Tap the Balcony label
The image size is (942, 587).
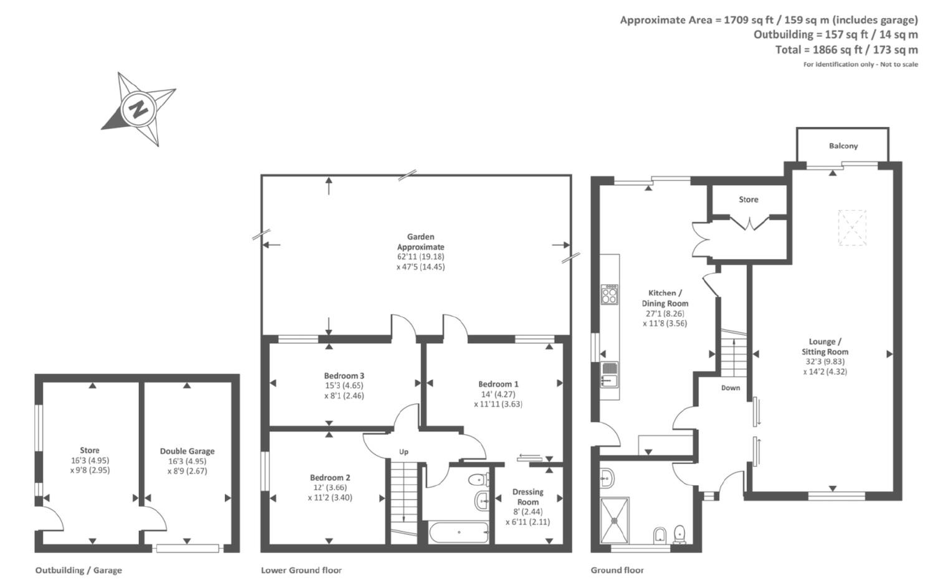pos(843,146)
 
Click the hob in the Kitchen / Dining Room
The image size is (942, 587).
pos(609,294)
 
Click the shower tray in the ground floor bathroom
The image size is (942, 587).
pos(614,519)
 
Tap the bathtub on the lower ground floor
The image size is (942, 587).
pos(459,532)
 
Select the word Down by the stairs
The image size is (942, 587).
pos(730,388)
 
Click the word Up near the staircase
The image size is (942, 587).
pos(403,452)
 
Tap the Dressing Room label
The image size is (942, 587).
pos(527,497)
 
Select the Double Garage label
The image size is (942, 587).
pos(187,451)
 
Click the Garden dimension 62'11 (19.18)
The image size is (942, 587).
pos(421,257)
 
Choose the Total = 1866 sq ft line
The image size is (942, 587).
pos(846,50)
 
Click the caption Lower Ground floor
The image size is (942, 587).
pos(301,570)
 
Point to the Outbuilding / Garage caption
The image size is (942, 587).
pos(79,570)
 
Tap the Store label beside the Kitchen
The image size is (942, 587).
pos(748,199)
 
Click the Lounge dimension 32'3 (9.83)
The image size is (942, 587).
pos(825,361)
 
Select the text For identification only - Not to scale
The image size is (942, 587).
pos(860,65)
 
